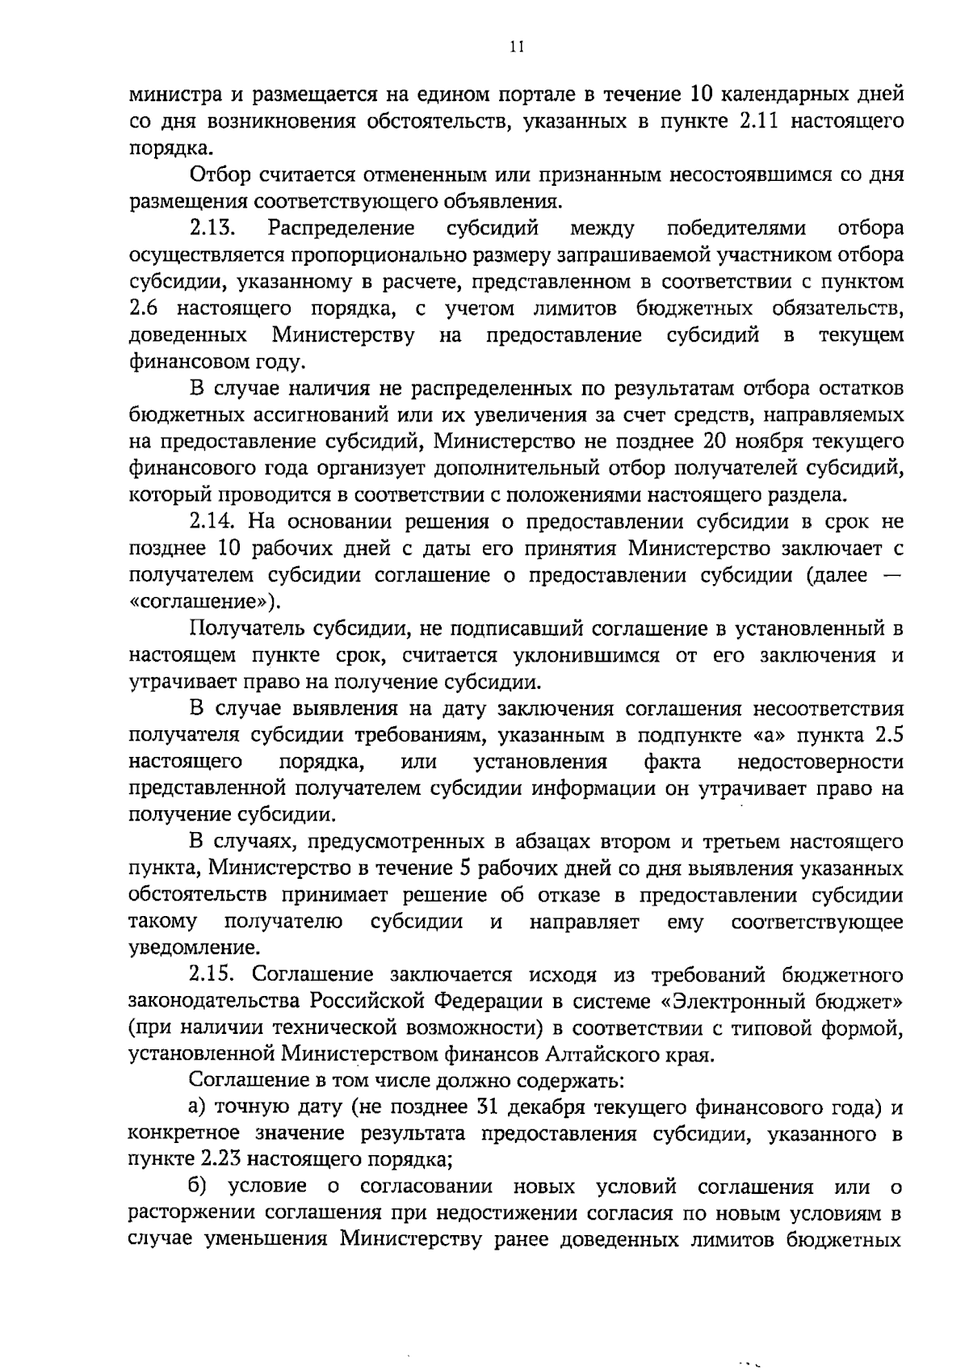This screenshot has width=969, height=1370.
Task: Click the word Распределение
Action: (341, 229)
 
